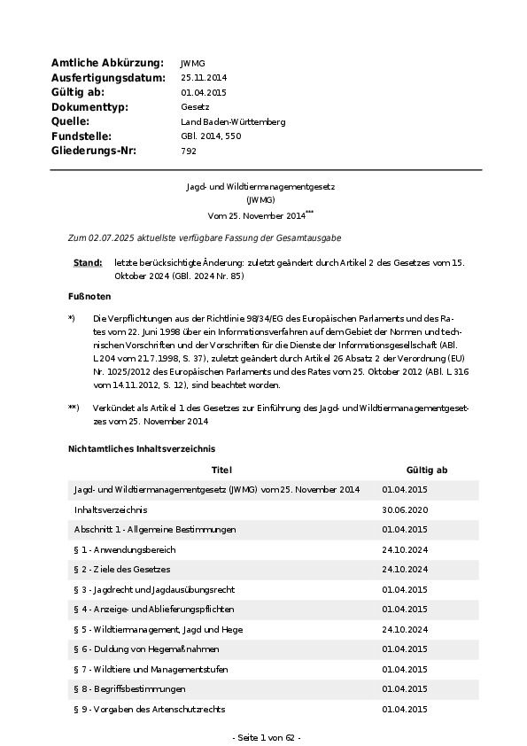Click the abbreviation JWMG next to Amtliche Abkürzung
tap(192, 64)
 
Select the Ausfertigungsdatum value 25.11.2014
tap(205, 78)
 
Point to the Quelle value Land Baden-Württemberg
tap(233, 121)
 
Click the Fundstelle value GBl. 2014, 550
tap(211, 136)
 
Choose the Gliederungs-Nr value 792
tap(188, 151)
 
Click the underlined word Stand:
tap(88, 263)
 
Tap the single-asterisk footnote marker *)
tap(72, 317)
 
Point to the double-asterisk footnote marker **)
tap(74, 408)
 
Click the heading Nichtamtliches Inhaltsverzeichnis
tap(141, 449)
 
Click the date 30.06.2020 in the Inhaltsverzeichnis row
tap(405, 509)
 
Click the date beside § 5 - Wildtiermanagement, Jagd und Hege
tap(405, 629)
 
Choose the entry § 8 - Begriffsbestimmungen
tap(129, 688)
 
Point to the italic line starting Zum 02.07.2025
tap(192, 238)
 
